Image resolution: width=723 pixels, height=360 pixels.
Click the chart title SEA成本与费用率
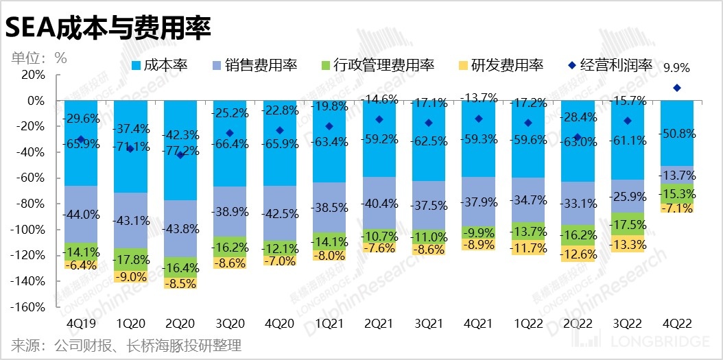click(x=108, y=27)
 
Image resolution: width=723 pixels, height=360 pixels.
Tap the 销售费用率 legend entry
click(x=255, y=65)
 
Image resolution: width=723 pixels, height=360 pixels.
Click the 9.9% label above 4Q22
click(x=676, y=68)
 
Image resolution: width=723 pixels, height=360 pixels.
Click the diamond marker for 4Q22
click(x=677, y=88)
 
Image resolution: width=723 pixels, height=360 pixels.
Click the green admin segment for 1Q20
click(x=134, y=259)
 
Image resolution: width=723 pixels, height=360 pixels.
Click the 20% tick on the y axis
click(x=34, y=75)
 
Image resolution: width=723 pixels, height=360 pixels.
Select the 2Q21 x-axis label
click(x=383, y=322)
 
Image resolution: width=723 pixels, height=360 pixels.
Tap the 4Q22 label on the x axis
click(x=676, y=322)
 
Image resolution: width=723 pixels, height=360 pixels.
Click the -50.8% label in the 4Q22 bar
click(x=676, y=134)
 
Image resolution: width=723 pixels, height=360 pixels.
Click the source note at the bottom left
click(x=126, y=345)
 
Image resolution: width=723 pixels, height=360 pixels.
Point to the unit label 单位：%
click(x=38, y=58)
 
